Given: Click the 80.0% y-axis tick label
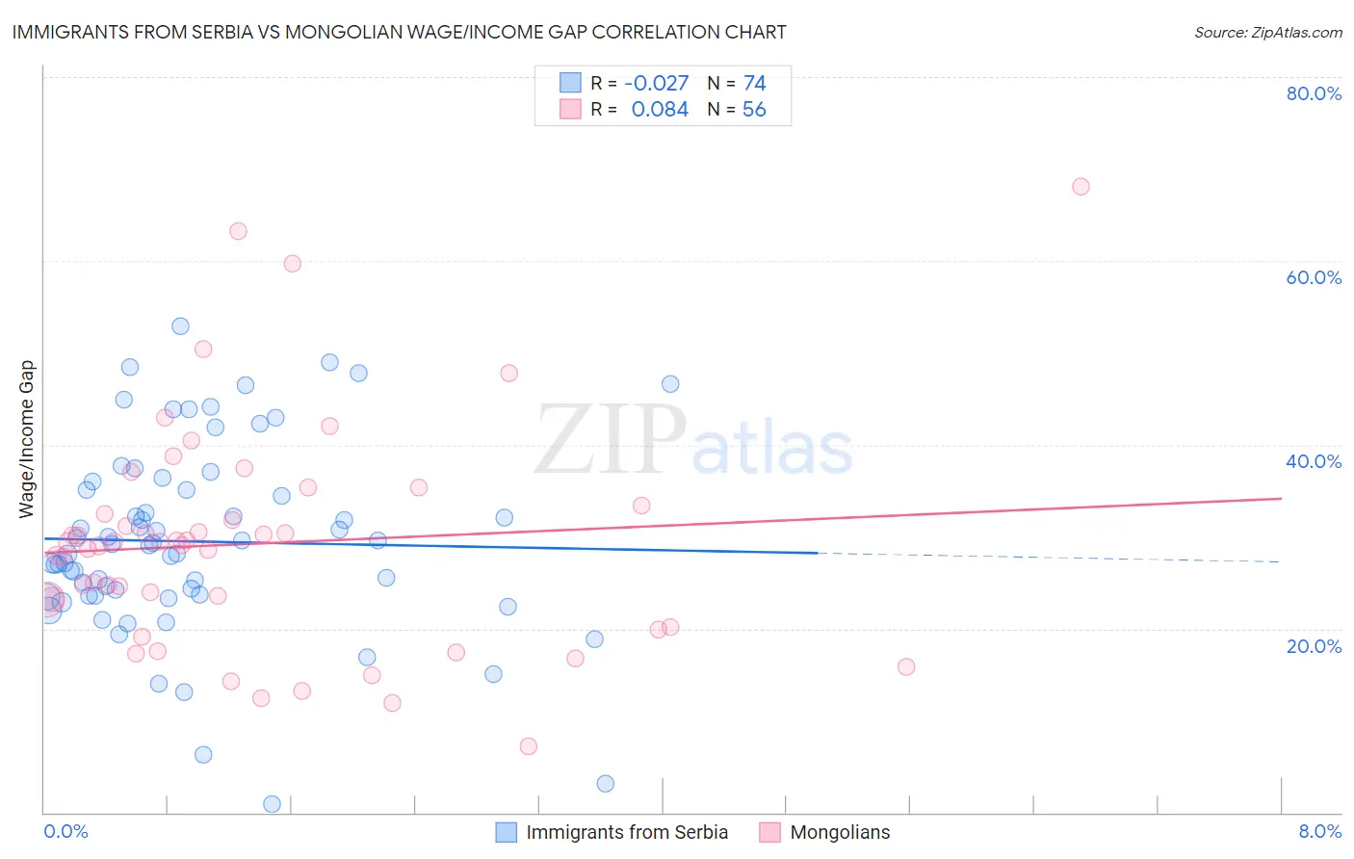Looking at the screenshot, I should pyautogui.click(x=1314, y=93).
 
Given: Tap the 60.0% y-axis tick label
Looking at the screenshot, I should pyautogui.click(x=1314, y=277).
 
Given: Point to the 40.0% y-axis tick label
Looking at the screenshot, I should pyautogui.click(x=1314, y=461).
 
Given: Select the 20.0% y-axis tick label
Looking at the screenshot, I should pyautogui.click(x=1314, y=645).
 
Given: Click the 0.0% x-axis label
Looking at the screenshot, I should pyautogui.click(x=65, y=831).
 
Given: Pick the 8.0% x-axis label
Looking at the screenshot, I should pyautogui.click(x=1319, y=831).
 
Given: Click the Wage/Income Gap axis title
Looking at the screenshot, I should pyautogui.click(x=27, y=439).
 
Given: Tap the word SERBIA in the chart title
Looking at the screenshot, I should pyautogui.click(x=216, y=32).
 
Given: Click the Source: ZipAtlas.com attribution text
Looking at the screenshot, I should pyautogui.click(x=1267, y=32).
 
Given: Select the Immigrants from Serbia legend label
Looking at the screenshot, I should pyautogui.click(x=627, y=832).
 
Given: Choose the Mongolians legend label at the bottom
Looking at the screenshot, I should pyautogui.click(x=840, y=832).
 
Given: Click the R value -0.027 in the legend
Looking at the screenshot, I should pyautogui.click(x=656, y=83).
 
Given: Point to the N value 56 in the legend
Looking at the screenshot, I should pyautogui.click(x=754, y=110).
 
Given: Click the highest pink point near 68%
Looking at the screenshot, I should pyautogui.click(x=1081, y=187).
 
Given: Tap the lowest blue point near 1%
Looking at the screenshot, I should pyautogui.click(x=272, y=804).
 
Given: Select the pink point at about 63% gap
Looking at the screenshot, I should pyautogui.click(x=238, y=231).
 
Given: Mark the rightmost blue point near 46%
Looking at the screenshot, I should pyautogui.click(x=670, y=384).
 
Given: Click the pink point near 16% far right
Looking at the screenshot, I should pyautogui.click(x=905, y=666).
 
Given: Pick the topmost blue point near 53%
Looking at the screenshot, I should pyautogui.click(x=180, y=326).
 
